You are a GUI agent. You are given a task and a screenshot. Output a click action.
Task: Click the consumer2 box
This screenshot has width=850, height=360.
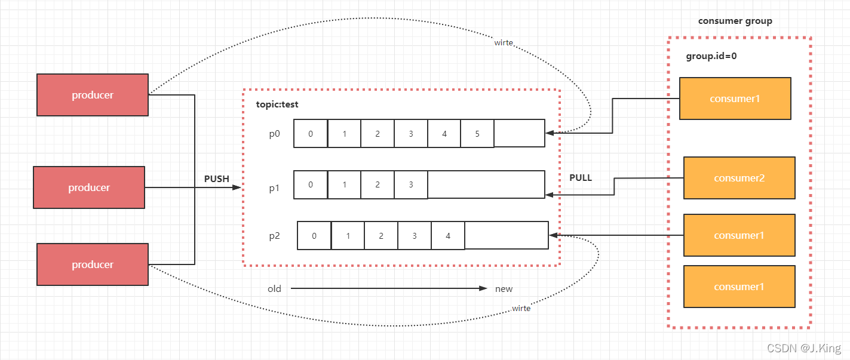tap(739, 178)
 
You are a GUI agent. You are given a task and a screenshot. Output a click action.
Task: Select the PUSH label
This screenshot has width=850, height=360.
tap(216, 179)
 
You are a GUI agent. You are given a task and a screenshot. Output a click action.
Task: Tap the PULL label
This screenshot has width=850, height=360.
tap(581, 178)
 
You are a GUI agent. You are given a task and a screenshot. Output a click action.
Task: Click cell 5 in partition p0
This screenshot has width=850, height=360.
tap(477, 134)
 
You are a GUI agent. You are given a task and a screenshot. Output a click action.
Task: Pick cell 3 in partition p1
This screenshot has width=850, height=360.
tap(411, 185)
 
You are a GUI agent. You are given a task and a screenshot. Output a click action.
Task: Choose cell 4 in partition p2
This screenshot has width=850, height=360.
tap(448, 236)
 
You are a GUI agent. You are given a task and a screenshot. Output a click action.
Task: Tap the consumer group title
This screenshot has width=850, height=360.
tap(735, 21)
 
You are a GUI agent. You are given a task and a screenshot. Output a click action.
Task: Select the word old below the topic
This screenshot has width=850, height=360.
tap(274, 289)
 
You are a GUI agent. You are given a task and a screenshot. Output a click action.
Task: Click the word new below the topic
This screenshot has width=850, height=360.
tap(504, 289)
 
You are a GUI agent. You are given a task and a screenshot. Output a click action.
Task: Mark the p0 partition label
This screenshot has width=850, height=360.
tap(274, 134)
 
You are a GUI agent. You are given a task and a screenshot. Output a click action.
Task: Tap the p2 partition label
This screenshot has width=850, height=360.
tap(274, 236)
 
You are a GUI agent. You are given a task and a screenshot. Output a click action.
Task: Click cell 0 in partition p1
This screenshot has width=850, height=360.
tap(311, 185)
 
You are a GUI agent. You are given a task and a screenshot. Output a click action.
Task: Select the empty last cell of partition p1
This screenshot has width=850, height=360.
tap(486, 185)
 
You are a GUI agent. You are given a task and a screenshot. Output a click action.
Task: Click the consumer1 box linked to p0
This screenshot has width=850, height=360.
tap(735, 99)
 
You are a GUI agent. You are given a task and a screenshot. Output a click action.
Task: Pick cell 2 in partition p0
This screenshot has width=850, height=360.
tap(378, 134)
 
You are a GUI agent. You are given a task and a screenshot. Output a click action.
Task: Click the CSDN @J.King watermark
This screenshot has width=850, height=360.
tap(804, 348)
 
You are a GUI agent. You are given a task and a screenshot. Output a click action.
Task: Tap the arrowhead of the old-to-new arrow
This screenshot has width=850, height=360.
tap(484, 289)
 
